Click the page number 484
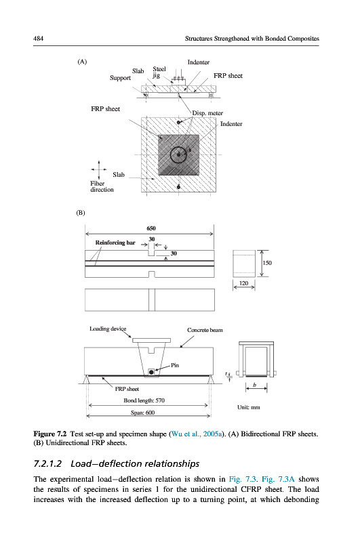[x=38, y=39]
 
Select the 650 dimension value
[x=151, y=228]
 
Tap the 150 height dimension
[x=267, y=263]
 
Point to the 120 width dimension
[x=244, y=283]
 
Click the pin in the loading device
[x=151, y=372]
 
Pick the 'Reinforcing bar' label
[x=115, y=243]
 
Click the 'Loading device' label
[x=108, y=329]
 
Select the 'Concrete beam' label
[x=205, y=330]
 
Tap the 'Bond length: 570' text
[x=144, y=400]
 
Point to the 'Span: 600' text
[x=142, y=413]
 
